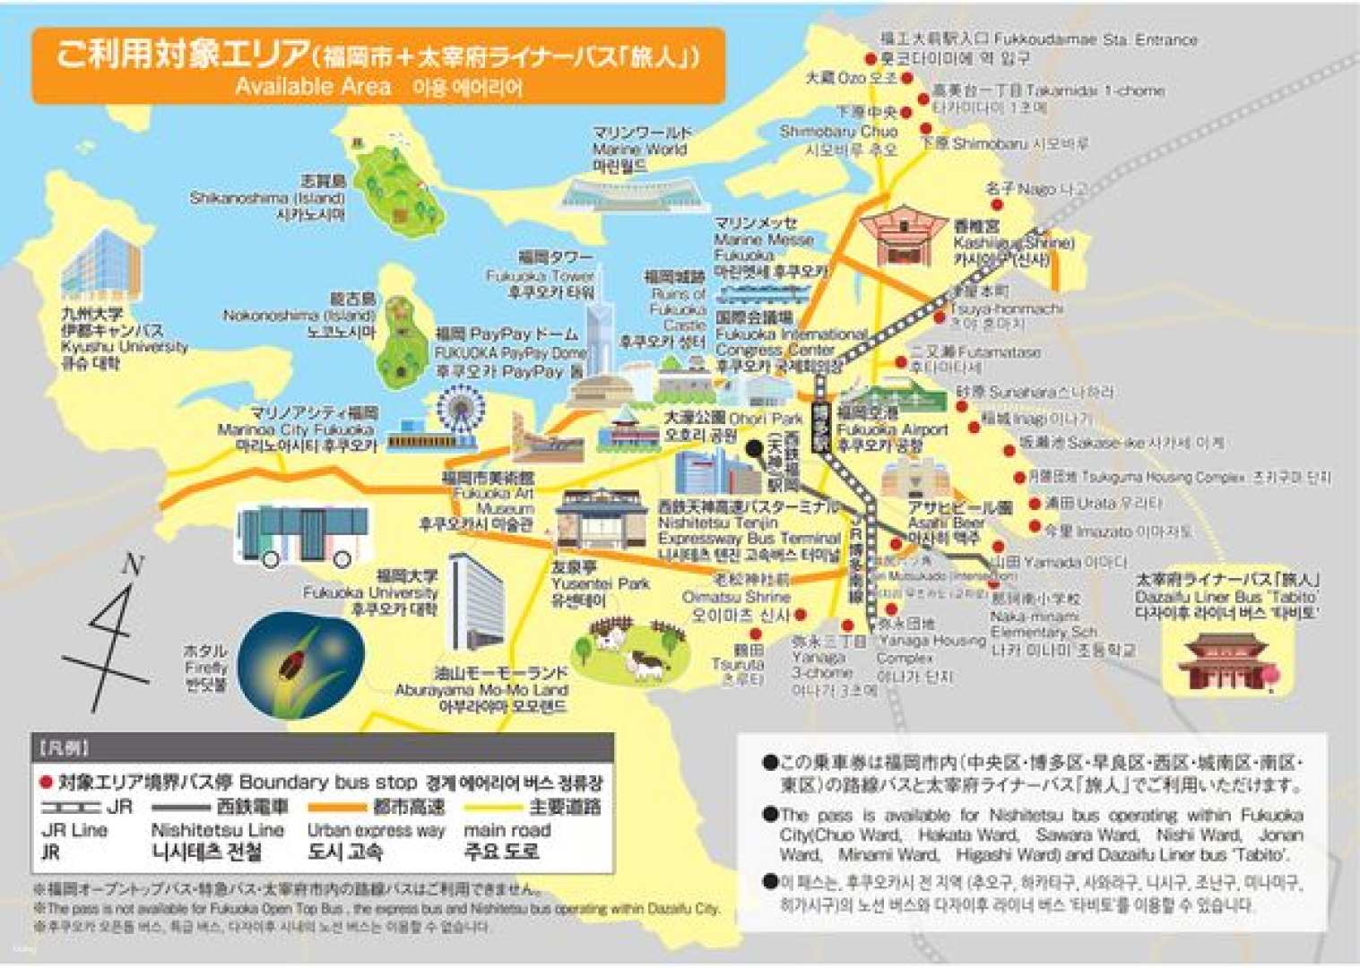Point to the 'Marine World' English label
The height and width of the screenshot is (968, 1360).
pos(639,150)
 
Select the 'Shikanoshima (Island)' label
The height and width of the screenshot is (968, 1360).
pos(267,198)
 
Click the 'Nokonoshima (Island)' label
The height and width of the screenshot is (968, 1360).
pos(299,315)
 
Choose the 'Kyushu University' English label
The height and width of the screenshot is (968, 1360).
pos(125,347)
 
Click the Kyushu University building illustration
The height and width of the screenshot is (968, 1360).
pos(101,267)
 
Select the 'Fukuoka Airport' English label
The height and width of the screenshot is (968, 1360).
pos(892,429)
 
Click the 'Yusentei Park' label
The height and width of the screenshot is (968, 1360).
pos(601,583)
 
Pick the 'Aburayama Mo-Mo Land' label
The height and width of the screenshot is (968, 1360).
pos(481,689)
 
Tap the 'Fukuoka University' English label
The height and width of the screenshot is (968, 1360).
pos(370,592)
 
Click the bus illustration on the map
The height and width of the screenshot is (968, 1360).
pos(303,536)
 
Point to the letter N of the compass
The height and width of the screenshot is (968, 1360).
pos(133,565)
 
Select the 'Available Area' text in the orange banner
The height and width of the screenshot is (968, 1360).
pos(313,86)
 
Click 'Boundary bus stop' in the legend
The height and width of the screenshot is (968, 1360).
pos(328,782)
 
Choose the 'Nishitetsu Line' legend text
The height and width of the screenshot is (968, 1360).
pos(217,831)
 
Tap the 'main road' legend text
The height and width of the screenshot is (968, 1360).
pos(507,831)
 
